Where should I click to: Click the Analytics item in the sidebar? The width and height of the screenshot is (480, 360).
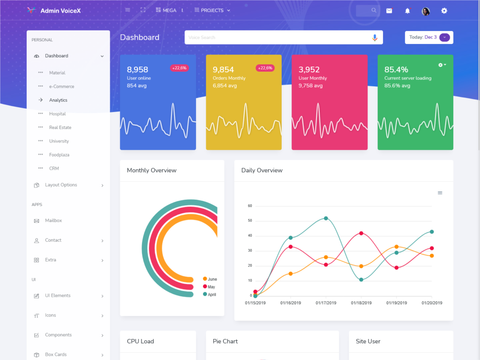pyautogui.click(x=58, y=100)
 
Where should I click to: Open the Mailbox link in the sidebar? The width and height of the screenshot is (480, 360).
pyautogui.click(x=53, y=220)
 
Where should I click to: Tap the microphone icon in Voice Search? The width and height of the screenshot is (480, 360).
pyautogui.click(x=375, y=37)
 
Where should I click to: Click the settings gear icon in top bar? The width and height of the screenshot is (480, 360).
pyautogui.click(x=444, y=11)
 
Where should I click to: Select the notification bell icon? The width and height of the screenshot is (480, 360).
pyautogui.click(x=407, y=11)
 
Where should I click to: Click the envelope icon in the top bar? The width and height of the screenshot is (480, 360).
pyautogui.click(x=389, y=11)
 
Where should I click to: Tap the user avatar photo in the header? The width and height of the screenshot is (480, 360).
pyautogui.click(x=426, y=11)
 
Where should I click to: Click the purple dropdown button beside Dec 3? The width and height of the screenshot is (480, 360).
pyautogui.click(x=444, y=37)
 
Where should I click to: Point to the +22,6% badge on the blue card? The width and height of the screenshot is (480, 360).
pyautogui.click(x=179, y=68)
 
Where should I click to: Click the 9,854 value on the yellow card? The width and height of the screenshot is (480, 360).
pyautogui.click(x=223, y=69)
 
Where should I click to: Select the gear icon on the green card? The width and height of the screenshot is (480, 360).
pyautogui.click(x=442, y=65)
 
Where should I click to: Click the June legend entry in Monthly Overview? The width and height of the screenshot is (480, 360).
pyautogui.click(x=210, y=279)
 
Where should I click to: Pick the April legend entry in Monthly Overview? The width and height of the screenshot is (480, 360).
pyautogui.click(x=209, y=294)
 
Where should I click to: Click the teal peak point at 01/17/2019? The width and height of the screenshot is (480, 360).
pyautogui.click(x=326, y=218)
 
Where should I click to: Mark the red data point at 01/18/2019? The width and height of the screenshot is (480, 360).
pyautogui.click(x=361, y=233)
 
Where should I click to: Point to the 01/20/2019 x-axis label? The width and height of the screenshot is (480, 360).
pyautogui.click(x=432, y=303)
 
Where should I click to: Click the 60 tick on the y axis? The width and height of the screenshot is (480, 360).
pyautogui.click(x=250, y=206)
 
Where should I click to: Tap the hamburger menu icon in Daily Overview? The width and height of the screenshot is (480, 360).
pyautogui.click(x=440, y=193)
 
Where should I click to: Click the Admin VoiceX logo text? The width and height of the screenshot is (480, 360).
pyautogui.click(x=60, y=10)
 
